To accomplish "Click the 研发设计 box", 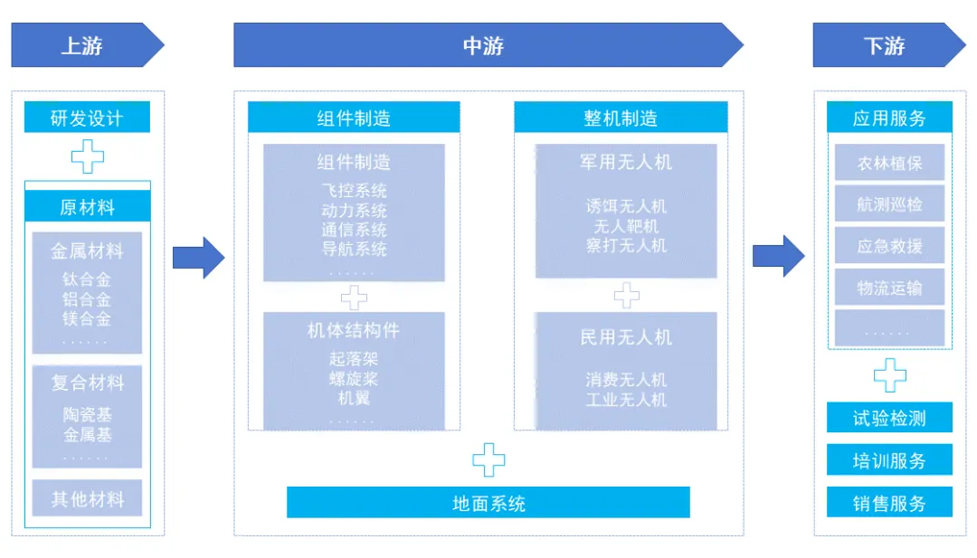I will coord(87,118).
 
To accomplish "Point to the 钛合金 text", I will coord(87,279).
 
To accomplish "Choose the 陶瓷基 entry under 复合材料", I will coord(87,415).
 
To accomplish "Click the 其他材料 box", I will coord(87,498).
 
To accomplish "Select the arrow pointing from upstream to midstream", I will coord(198,257).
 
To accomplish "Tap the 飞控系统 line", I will coord(354,191).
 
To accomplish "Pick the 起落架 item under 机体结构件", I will coord(354,359).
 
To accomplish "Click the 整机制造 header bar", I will coord(621,118).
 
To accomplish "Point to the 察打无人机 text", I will coord(626,245).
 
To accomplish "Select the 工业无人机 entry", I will coord(626,399).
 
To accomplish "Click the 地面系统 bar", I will coord(488,503).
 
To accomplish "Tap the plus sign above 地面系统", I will coord(488,459).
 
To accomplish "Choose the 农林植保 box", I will coord(889,163).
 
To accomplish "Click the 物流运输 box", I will coord(889,288).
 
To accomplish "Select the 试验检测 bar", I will coord(889,418).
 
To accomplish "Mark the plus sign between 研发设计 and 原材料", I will coord(87,157).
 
